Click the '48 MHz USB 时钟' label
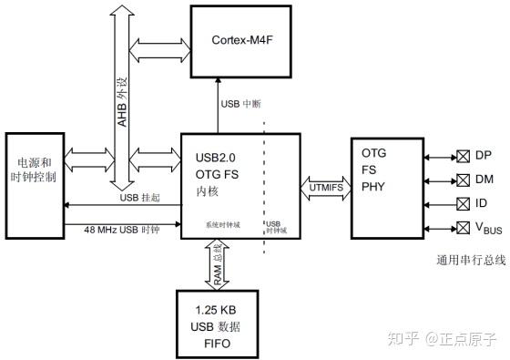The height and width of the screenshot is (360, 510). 122,230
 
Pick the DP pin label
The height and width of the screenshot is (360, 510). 483,155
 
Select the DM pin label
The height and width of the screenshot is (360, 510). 483,179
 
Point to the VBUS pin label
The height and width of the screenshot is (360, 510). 486,227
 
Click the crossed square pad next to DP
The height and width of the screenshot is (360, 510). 462,155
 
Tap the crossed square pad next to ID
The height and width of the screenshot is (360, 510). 462,202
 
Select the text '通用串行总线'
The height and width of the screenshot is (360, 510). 471,261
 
